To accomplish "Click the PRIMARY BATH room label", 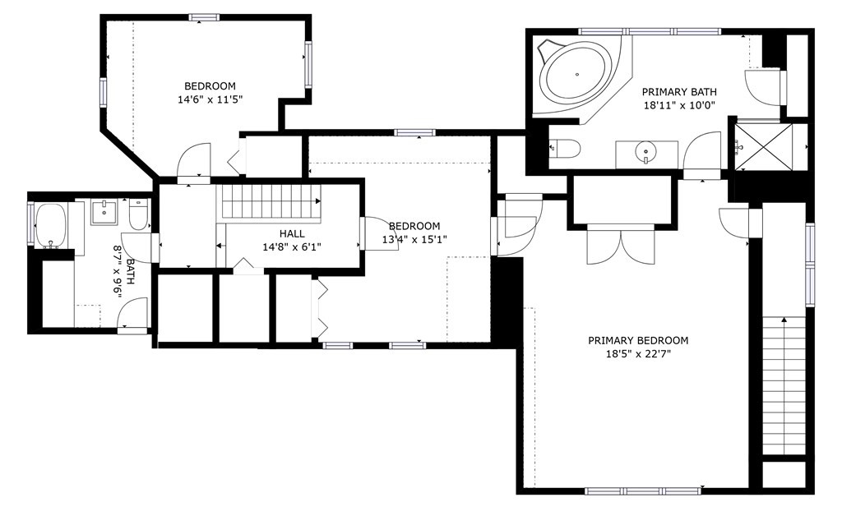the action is (x=678, y=92).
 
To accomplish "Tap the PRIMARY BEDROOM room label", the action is (x=638, y=340).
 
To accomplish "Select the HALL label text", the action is (x=292, y=233).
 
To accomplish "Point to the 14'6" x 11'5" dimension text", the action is (x=210, y=99).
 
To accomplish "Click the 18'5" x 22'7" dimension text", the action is (x=638, y=354).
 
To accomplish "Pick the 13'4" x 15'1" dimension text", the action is (x=414, y=239).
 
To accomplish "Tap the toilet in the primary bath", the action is (x=565, y=148).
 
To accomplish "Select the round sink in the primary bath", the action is (x=645, y=152).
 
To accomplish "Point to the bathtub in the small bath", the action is (x=50, y=225).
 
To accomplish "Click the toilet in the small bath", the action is (x=139, y=214).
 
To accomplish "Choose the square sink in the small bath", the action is (x=104, y=212).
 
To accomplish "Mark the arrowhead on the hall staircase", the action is (x=318, y=201).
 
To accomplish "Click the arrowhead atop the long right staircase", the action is (x=784, y=320).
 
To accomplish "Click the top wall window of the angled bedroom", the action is (x=204, y=17).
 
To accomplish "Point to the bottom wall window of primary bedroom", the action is (x=643, y=490).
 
